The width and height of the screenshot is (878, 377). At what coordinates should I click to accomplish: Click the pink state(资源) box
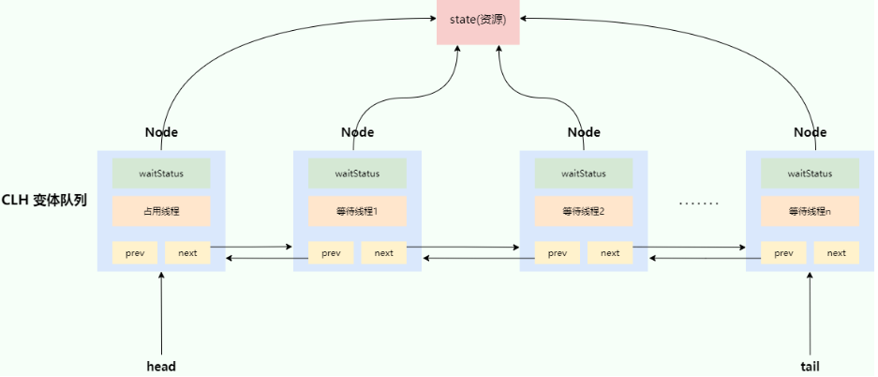point(478,23)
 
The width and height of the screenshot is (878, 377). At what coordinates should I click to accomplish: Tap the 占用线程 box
point(161,211)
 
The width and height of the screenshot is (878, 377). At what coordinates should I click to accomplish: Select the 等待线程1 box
point(357,211)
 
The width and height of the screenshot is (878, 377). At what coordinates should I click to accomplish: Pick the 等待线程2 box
point(584,211)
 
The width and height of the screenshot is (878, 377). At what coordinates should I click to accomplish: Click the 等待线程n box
point(810,211)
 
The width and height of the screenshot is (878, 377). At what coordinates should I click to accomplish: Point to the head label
point(161,367)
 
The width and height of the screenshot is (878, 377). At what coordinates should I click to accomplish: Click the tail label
point(810,367)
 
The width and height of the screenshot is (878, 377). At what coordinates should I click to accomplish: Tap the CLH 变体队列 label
point(45,200)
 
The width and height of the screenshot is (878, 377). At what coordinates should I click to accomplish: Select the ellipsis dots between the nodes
point(698,204)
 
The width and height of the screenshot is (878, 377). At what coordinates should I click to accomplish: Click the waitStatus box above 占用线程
point(161,173)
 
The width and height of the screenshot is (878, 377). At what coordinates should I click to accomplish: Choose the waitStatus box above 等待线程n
point(810,173)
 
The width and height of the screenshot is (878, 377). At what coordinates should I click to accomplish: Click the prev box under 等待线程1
point(331,252)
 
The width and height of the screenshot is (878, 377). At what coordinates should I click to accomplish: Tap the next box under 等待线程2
point(610,252)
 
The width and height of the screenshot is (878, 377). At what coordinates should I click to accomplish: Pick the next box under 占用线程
point(187,252)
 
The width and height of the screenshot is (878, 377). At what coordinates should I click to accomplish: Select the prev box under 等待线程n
point(783,252)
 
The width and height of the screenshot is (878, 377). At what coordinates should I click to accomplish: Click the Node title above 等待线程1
point(357,132)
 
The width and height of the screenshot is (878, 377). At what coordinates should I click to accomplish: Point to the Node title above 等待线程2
point(584,132)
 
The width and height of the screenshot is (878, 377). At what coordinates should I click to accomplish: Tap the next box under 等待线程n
point(837,252)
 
